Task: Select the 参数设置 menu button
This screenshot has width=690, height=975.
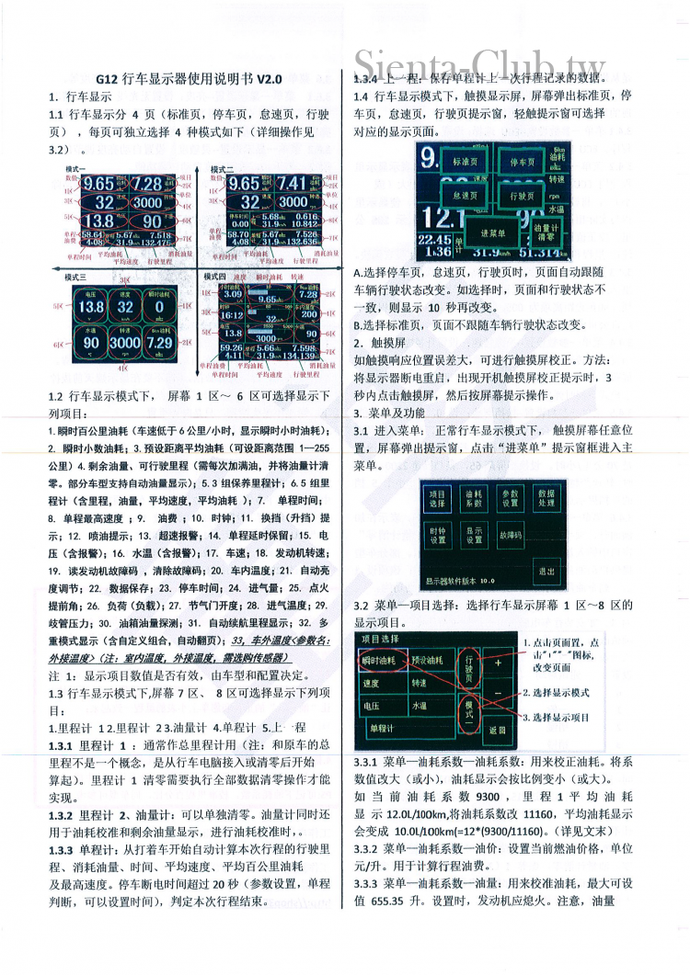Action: point(511,499)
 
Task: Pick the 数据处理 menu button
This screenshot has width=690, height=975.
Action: point(546,499)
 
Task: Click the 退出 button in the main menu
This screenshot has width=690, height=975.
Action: point(546,572)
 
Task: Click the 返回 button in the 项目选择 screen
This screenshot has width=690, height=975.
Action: point(498,729)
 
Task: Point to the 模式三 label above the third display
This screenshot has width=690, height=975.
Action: point(75,277)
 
